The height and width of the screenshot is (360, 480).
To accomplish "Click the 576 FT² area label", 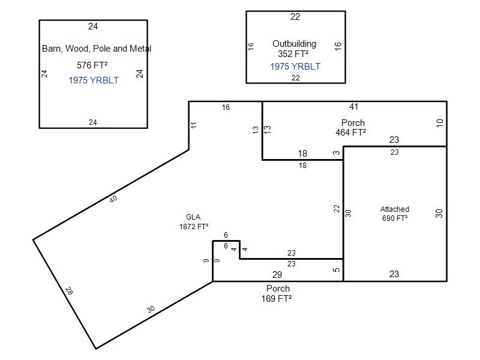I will coord(92,65).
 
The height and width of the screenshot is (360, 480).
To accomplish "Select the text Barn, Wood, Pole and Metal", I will coord(97,49).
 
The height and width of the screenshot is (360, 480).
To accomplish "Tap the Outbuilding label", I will coord(294,44).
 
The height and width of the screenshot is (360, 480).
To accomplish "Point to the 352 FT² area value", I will coord(293,54).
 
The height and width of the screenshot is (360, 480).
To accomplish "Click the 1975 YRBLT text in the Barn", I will coord(94,80).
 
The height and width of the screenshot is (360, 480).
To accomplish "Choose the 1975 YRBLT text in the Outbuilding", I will coord(295,67).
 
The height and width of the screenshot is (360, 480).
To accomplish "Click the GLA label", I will coord(193,217).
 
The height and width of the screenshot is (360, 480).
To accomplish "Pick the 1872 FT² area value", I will coord(193,227).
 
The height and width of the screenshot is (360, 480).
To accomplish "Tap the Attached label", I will coord(395,209).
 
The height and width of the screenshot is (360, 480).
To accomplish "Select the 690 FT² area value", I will coord(395,218).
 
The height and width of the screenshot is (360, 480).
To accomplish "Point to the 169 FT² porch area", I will coord(277,298).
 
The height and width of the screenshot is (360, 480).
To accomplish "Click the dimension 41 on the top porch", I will coord(354,107).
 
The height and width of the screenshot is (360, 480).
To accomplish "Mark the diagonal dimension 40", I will coord(114,199).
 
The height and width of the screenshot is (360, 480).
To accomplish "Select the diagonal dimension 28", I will coord(70,292).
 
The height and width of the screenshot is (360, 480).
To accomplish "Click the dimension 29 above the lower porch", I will coord(277,275).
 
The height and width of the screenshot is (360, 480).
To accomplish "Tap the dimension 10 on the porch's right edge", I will coord(440,123).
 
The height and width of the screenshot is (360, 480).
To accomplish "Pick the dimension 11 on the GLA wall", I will coord(194,125).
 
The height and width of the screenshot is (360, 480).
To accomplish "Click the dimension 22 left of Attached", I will coord(337,209).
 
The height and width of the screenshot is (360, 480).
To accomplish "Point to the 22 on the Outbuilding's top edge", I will coord(295,17).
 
